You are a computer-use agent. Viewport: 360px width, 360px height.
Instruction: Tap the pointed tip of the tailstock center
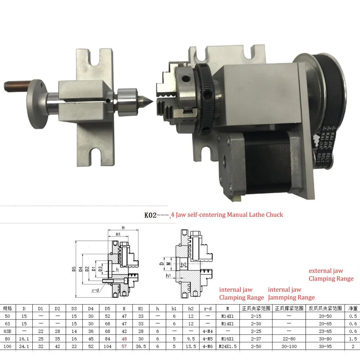(x=153, y=101)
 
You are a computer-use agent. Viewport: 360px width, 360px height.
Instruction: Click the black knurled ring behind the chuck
(x=205, y=99)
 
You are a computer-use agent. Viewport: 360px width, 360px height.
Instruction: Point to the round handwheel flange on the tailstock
(x=37, y=104)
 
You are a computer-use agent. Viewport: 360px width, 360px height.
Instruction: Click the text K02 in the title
(x=150, y=215)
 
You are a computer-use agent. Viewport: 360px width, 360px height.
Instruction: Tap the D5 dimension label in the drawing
(x=74, y=269)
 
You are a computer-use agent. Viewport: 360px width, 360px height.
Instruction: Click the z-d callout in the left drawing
(x=95, y=290)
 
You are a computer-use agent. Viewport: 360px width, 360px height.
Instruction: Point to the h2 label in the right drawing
(x=184, y=264)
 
